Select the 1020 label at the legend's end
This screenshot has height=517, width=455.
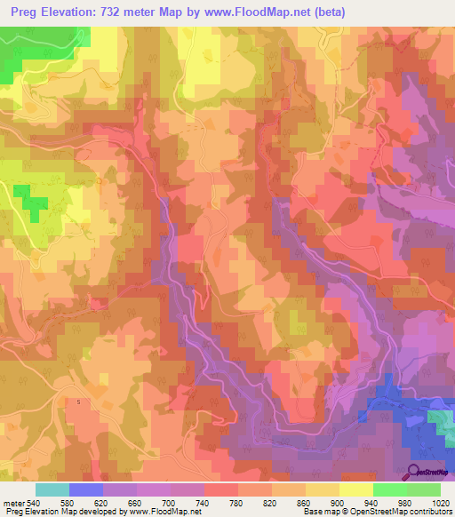pos(442,502)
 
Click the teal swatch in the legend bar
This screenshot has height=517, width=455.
pos(52,489)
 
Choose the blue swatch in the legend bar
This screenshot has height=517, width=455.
pos(86,489)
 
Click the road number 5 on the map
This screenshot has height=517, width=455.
pos(78,402)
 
